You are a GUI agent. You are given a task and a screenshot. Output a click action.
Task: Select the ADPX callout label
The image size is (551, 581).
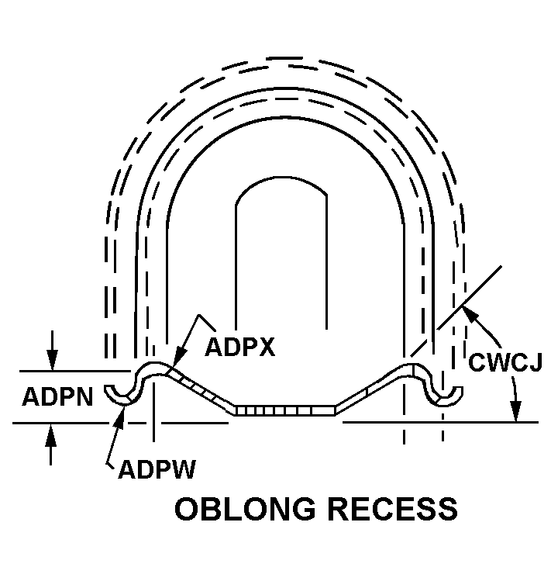pyautogui.click(x=239, y=347)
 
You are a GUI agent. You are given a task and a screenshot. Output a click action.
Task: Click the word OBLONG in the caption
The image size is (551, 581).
pyautogui.click(x=245, y=509)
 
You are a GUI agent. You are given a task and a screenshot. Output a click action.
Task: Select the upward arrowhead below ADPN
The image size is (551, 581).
pyautogui.click(x=51, y=431)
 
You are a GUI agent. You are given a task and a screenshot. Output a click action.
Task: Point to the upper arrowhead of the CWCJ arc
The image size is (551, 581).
pyautogui.click(x=465, y=311)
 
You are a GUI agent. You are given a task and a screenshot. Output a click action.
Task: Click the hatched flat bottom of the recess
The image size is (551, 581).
pyautogui.click(x=284, y=410)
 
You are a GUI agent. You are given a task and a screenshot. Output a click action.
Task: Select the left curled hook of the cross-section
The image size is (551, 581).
pyautogui.click(x=123, y=393)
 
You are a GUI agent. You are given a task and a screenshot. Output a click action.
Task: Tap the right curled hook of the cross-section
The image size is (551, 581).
pyautogui.click(x=448, y=393)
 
